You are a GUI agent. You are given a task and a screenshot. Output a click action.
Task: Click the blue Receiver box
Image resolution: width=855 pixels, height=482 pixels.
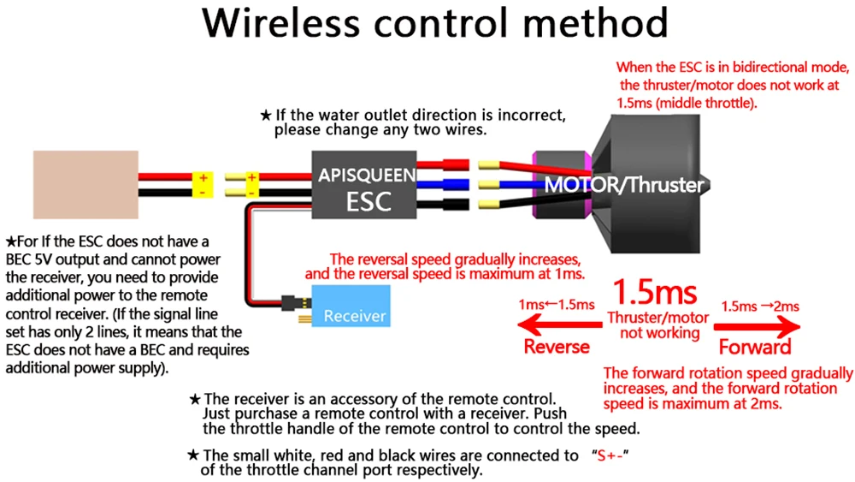tap(351, 306)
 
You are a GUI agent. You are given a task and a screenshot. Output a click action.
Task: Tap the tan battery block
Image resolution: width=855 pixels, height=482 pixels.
tap(85, 185)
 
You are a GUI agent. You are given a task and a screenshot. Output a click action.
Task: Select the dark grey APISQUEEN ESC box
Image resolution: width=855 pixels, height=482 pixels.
tap(363, 185)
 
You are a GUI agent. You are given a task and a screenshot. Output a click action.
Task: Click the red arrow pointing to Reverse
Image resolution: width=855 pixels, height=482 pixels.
tap(559, 326)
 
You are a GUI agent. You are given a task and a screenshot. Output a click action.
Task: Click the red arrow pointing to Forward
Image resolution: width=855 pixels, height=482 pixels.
tap(758, 327)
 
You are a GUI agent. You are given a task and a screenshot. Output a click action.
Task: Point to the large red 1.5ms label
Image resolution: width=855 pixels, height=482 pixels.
tap(655, 292)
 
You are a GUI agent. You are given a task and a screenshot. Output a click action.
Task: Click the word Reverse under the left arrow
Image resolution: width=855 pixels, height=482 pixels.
tap(557, 347)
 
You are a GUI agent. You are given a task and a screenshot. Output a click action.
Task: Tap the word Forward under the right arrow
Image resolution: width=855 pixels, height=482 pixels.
tap(755, 348)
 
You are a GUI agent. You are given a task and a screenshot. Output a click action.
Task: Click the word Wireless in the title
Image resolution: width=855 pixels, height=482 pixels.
tap(280, 23)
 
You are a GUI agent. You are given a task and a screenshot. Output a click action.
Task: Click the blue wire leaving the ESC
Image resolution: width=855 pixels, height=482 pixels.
tap(442, 185)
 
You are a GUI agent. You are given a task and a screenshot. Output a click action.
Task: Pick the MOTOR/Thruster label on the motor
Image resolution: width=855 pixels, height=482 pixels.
tap(624, 185)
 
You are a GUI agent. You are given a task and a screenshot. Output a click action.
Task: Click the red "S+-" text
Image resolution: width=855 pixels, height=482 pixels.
tap(610, 455)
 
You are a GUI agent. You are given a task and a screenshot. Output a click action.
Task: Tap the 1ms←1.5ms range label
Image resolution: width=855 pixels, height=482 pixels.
tap(557, 305)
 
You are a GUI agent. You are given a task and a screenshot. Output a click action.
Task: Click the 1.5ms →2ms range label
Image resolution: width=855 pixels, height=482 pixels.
tap(760, 306)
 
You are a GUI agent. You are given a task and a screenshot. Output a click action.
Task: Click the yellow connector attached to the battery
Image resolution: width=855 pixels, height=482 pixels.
tap(203, 185)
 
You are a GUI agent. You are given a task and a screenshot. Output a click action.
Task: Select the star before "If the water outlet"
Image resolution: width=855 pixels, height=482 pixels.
tap(266, 116)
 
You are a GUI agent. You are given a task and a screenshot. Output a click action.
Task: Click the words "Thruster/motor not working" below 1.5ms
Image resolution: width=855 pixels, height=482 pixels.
tap(658, 325)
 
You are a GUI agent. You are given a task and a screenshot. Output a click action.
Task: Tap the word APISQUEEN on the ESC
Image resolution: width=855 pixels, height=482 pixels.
tap(367, 176)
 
